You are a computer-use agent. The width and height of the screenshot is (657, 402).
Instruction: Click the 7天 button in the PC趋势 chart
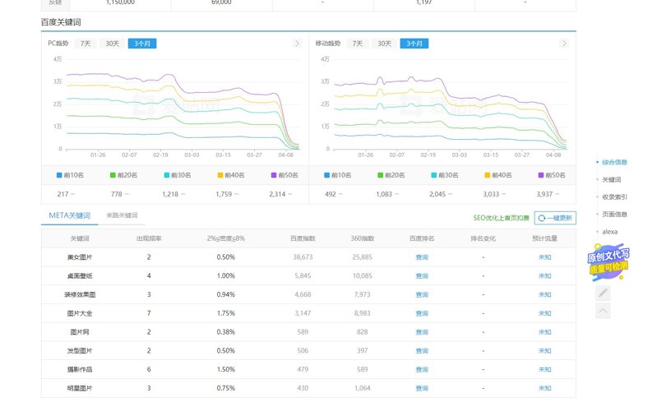coord(86,44)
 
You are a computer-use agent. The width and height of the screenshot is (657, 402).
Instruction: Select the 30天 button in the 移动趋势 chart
coord(384,44)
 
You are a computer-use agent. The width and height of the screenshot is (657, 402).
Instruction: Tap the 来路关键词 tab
coord(122,215)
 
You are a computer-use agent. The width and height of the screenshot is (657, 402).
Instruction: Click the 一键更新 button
coord(555,218)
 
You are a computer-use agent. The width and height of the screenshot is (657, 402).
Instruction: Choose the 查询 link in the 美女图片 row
coord(422,257)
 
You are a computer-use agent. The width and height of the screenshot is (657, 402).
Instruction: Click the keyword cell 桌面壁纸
coord(80,276)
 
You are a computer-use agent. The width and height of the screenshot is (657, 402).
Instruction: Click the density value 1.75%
coord(226,313)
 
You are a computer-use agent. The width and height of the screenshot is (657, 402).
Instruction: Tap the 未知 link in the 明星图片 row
coord(544,388)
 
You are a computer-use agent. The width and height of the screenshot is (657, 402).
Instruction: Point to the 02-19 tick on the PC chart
coord(160,155)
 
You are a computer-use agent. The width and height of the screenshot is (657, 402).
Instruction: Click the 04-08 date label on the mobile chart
coord(553,155)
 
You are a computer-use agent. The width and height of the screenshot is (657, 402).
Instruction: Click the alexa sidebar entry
coord(609,232)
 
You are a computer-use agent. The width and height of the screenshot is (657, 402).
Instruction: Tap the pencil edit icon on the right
coord(604,292)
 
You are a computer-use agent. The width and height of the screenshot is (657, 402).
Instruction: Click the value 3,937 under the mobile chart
coord(548,194)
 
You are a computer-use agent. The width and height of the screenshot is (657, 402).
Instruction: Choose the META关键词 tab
coord(69,215)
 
